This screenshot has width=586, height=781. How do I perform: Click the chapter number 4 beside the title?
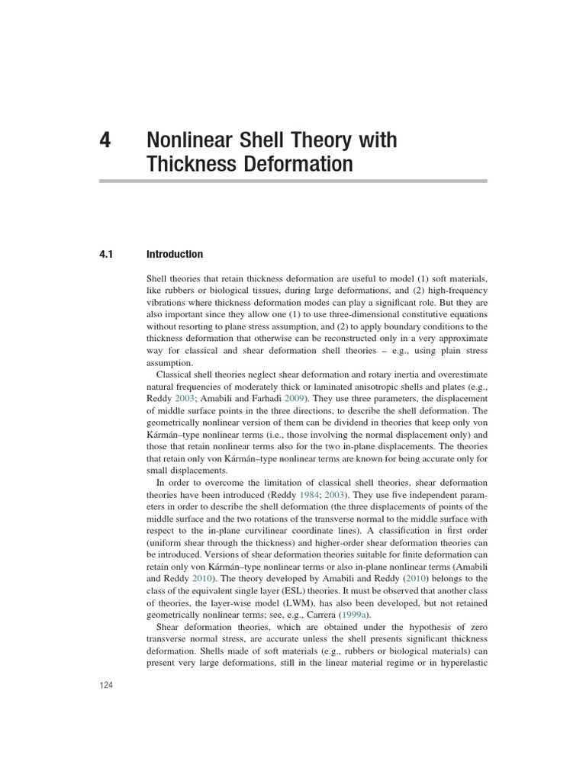pos(105,141)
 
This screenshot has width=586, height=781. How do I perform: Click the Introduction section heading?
pos(175,255)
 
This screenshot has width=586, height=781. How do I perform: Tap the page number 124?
pos(105,686)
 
